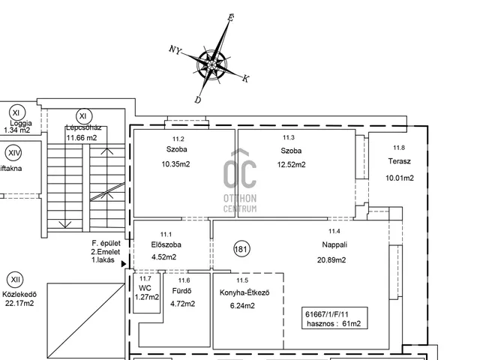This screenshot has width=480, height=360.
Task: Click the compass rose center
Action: click(x=211, y=64)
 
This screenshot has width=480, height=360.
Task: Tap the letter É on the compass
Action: click(x=231, y=17)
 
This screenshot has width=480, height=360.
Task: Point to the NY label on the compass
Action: click(x=175, y=49)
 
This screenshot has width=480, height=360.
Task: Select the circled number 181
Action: click(x=241, y=249)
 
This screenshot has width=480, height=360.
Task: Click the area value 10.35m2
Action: click(x=175, y=164)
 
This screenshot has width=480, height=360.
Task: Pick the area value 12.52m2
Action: click(x=292, y=165)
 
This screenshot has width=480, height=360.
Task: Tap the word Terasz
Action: click(x=399, y=161)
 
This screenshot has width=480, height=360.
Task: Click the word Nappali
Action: click(x=334, y=244)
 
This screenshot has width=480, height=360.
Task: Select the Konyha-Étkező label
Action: click(x=244, y=292)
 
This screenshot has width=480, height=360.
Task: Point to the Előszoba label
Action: click(x=166, y=244)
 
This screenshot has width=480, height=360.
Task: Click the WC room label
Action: click(x=145, y=288)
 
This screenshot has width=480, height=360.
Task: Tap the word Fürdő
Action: click(x=181, y=291)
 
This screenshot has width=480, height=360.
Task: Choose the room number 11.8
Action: click(x=399, y=148)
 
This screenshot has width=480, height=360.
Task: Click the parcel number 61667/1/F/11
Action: click(x=327, y=314)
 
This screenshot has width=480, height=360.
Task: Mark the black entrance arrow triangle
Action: click(x=124, y=264)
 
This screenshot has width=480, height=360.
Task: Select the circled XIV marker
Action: click(x=13, y=153)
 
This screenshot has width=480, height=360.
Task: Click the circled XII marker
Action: click(x=15, y=280)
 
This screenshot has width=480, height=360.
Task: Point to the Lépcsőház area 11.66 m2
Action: click(x=82, y=138)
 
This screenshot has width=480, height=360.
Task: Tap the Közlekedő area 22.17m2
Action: click(x=19, y=304)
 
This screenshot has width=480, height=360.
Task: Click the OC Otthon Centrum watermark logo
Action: click(x=240, y=181)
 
